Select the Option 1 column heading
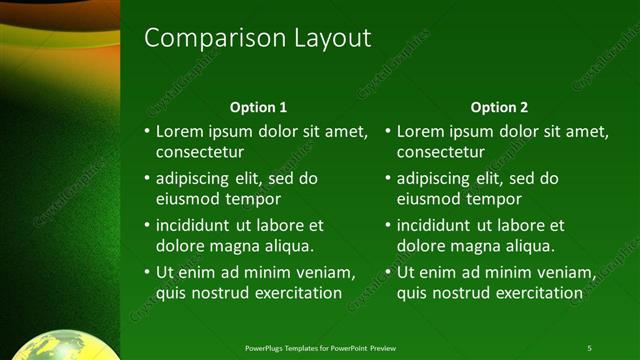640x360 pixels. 258,107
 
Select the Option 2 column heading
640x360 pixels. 499,107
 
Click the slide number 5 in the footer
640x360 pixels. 589,348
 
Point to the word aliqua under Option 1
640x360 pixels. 290,245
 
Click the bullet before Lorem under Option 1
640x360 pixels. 147,131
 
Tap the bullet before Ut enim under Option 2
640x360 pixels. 388,272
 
